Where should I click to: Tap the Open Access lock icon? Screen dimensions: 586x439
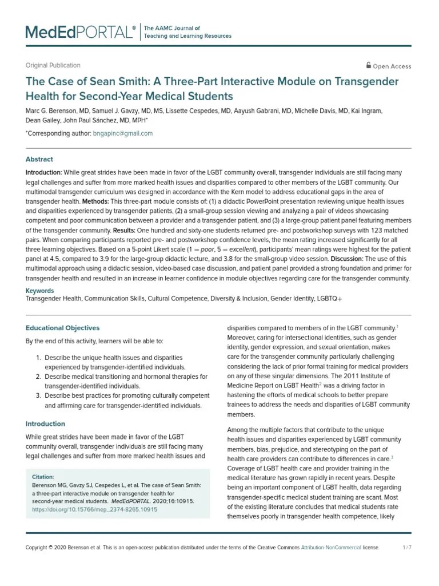click(369, 65)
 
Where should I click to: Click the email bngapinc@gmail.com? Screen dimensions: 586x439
click(123, 133)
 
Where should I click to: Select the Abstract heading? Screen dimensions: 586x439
click(39, 160)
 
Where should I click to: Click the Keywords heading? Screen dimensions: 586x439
click(41, 291)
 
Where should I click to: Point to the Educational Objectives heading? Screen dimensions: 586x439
click(62, 328)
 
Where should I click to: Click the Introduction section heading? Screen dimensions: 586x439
click(45, 424)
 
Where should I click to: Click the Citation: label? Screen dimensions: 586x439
click(43, 477)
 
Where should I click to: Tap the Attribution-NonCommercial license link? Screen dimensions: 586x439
click(332, 548)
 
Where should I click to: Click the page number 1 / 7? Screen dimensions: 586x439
click(407, 548)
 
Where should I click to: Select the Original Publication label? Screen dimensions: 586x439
click(53, 65)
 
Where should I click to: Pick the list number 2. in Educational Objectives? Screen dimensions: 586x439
click(38, 377)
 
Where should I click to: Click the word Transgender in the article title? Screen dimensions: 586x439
click(366, 82)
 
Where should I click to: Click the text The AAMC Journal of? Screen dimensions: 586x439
click(172, 28)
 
